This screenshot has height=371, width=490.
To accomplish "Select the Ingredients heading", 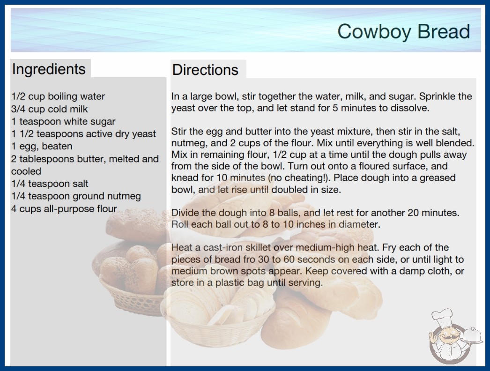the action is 49,69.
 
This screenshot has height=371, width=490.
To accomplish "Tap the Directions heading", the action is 205,70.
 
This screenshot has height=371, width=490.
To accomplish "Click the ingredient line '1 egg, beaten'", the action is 42,146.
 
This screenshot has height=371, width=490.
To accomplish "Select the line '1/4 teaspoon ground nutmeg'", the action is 76,196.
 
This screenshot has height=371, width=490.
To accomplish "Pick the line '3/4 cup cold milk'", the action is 49,109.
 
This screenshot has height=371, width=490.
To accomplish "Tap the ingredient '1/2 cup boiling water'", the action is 58,96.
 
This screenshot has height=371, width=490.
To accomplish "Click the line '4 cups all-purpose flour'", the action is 64,208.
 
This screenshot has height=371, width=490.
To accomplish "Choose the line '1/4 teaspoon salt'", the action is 50,184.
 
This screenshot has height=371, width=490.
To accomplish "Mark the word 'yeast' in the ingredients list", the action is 144,134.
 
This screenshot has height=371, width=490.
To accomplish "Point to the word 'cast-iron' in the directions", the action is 223,247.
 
